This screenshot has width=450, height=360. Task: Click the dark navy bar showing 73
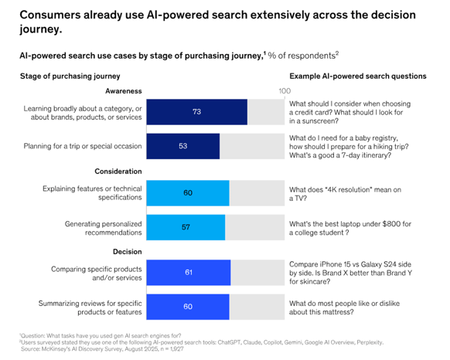click(196, 112)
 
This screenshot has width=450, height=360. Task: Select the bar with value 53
click(182, 146)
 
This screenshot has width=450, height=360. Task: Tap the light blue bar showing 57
click(186, 226)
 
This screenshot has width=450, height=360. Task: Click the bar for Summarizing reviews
click(187, 307)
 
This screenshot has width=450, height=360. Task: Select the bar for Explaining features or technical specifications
click(187, 192)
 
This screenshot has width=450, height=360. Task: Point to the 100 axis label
click(284, 91)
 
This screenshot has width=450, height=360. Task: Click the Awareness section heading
click(121, 90)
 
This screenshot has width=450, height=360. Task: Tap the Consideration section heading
click(118, 171)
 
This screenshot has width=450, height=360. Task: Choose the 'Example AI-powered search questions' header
click(357, 76)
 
